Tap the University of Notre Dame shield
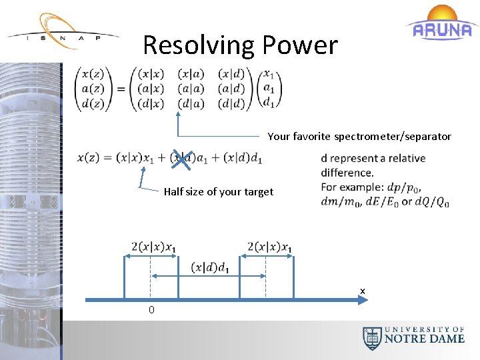[372, 339]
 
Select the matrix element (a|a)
[191, 89]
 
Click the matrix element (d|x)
[151, 103]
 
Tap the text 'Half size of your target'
[218, 192]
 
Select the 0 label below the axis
[151, 309]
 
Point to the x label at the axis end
[363, 291]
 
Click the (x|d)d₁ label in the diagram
[210, 267]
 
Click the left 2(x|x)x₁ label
[154, 247]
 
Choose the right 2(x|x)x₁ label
[269, 247]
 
